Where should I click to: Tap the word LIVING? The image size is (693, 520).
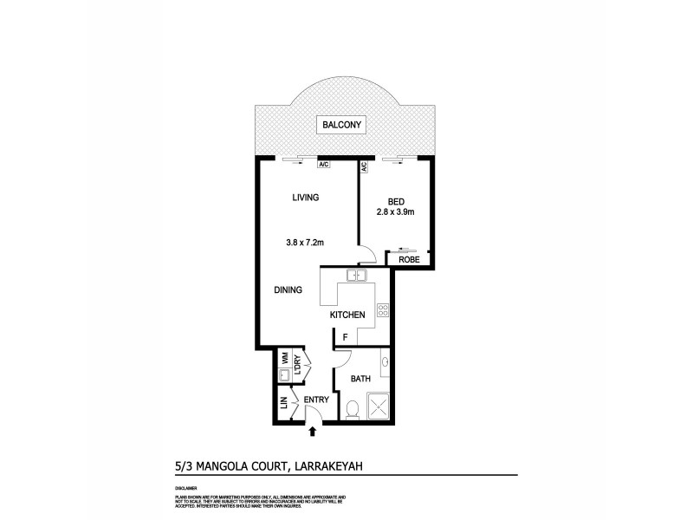coord(305,198)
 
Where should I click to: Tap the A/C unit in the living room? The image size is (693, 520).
coord(323,164)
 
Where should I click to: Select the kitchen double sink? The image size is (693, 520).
coord(357,276)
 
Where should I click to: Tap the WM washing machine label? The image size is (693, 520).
coord(283,357)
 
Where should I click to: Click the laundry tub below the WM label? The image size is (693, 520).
coord(283,375)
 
